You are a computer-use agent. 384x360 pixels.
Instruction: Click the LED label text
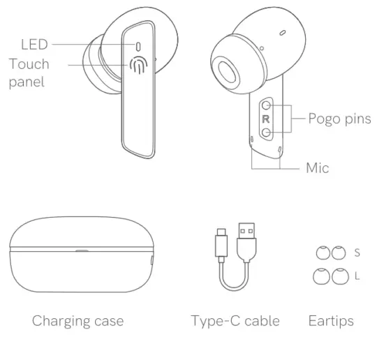pos(34,45)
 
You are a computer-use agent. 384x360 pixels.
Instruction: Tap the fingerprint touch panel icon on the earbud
pos(139,67)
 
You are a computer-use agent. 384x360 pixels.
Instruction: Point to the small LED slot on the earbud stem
pos(139,45)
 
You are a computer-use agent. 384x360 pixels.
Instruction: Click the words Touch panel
pos(29,73)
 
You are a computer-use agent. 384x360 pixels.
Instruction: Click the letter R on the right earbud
pos(265,119)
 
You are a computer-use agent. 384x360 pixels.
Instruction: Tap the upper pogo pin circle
pos(266,106)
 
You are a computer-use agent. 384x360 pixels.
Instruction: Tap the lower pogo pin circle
pos(266,133)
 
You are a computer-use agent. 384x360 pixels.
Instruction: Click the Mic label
pos(317,168)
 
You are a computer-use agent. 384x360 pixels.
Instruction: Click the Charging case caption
pos(77,322)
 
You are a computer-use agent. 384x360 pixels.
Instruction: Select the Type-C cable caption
pos(235,322)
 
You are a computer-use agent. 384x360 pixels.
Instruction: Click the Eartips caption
pos(331,322)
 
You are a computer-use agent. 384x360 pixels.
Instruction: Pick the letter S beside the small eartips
pos(357,252)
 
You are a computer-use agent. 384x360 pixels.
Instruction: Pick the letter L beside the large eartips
pos(357,276)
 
